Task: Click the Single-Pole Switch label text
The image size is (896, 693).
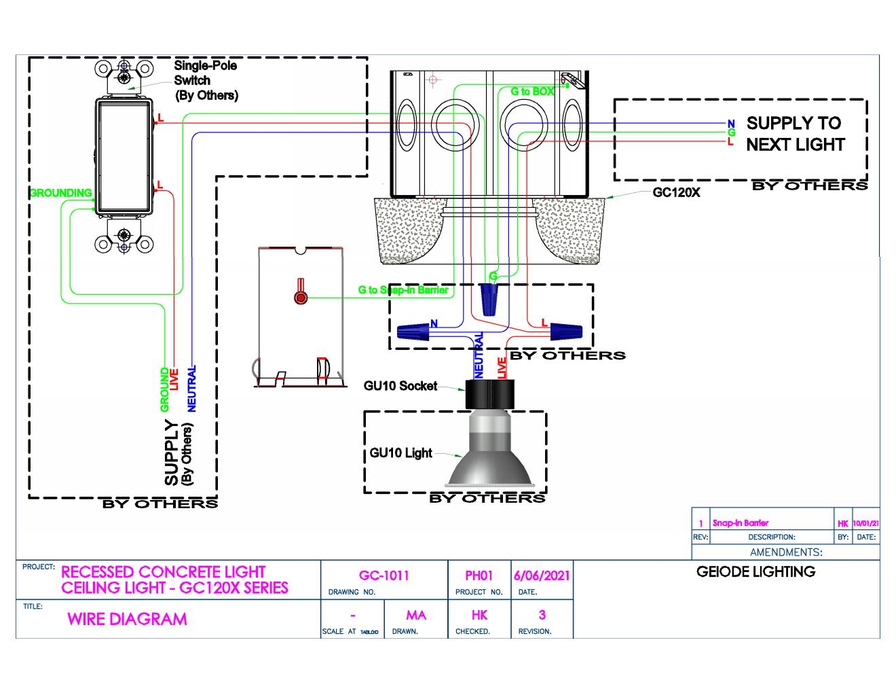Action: pos(206,80)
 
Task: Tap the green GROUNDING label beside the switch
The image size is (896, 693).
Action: pos(60,193)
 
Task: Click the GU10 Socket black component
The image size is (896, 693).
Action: pos(489,395)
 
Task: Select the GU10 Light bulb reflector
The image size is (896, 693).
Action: pos(489,459)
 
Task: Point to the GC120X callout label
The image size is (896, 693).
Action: pos(676,192)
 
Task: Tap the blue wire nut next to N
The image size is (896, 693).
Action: pos(413,332)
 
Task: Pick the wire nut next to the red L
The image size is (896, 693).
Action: pos(566,332)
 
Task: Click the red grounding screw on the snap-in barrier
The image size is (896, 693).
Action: pos(300,297)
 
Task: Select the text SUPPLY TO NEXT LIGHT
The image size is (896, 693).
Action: pos(794,134)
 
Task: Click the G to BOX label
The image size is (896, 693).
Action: pos(532,92)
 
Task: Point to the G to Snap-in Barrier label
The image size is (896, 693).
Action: pos(403,290)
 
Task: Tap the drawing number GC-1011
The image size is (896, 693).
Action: pos(384,575)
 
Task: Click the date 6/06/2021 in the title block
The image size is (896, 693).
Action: pos(542,575)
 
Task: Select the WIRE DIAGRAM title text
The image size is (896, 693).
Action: pos(127,619)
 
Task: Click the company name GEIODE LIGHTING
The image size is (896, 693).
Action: pos(755,571)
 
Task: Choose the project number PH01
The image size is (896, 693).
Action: pos(479,575)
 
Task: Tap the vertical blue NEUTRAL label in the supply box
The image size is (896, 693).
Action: pos(191,389)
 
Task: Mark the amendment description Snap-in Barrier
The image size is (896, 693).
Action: pos(741,523)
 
